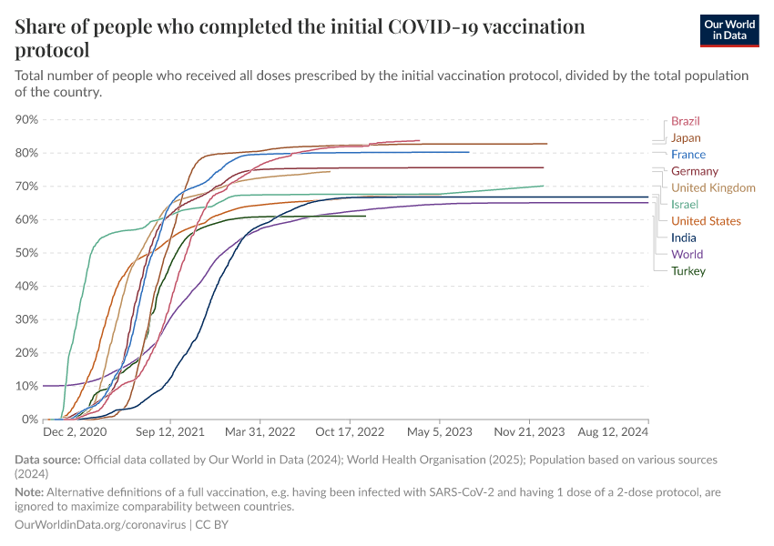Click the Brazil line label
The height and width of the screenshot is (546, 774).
[685, 121]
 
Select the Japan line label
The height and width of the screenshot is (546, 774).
[686, 138]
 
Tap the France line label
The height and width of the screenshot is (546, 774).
[688, 155]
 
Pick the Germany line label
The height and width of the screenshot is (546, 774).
[694, 171]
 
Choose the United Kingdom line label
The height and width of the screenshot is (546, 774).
[713, 187]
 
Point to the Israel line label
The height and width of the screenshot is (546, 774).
[684, 204]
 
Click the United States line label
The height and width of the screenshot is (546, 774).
[706, 221]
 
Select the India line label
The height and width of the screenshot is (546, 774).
[683, 238]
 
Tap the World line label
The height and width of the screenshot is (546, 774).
[687, 254]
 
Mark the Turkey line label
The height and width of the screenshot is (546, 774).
[687, 270]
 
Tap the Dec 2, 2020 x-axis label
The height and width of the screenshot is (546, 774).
[75, 432]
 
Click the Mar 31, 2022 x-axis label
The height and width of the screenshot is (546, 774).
[260, 432]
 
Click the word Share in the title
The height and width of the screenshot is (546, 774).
[43, 27]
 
